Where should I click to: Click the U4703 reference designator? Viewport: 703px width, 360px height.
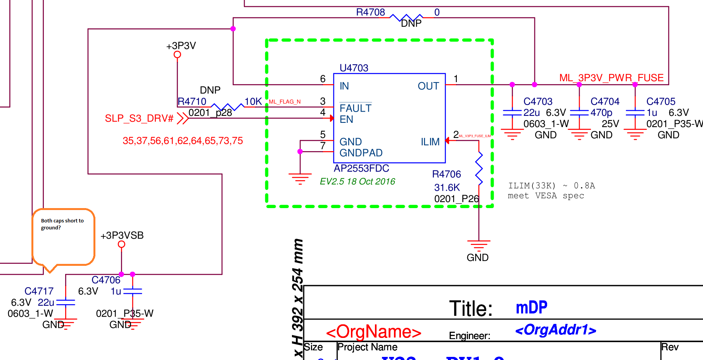[354, 68]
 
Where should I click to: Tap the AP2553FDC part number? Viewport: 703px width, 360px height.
[361, 169]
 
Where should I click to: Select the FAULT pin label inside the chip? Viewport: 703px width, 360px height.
[355, 108]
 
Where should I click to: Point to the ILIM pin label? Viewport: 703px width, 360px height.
[430, 142]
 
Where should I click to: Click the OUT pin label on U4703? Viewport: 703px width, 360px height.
[428, 86]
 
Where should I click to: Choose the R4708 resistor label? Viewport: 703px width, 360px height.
[370, 12]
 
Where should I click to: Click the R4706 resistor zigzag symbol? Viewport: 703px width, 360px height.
[479, 169]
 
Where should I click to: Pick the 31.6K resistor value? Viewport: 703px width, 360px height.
[447, 188]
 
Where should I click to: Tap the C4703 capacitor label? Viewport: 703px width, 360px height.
[538, 102]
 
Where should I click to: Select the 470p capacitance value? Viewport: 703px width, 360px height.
[601, 113]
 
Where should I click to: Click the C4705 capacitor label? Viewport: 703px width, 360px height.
[661, 102]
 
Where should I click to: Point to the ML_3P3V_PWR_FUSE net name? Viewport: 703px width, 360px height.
[611, 78]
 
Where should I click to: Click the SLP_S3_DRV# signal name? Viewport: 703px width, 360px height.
[139, 118]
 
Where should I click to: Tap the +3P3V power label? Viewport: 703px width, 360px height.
[181, 46]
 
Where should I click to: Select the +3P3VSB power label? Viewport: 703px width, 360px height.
[122, 236]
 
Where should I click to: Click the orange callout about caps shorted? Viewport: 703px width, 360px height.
[63, 236]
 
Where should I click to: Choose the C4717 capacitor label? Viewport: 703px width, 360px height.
[39, 291]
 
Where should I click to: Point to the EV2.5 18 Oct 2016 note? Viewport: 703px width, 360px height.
[357, 182]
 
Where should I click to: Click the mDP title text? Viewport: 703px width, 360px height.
[531, 308]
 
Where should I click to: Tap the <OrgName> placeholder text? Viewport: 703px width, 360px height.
[373, 332]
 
